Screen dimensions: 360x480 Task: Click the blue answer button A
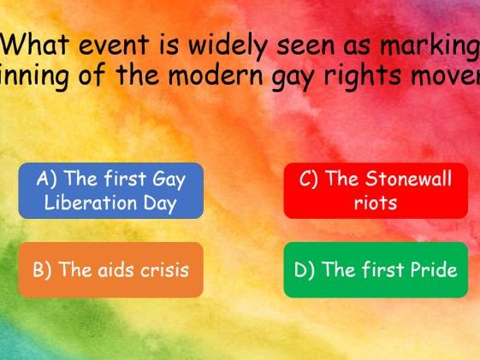(x=111, y=191)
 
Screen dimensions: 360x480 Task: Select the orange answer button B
(x=111, y=270)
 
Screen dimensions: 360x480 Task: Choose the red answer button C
(x=376, y=191)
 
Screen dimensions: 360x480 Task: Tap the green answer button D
(x=376, y=270)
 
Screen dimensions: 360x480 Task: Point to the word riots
(x=376, y=204)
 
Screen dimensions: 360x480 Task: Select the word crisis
(x=160, y=270)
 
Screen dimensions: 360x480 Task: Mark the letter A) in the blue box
(x=48, y=180)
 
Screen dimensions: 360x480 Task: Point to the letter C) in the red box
(x=309, y=180)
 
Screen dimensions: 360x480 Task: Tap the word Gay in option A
(x=167, y=180)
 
